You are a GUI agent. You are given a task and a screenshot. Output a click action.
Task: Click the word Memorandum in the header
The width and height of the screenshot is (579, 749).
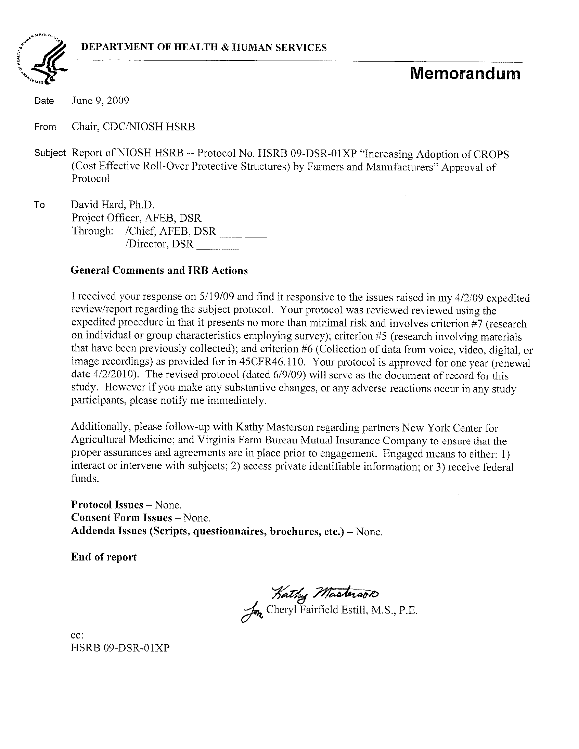(465, 73)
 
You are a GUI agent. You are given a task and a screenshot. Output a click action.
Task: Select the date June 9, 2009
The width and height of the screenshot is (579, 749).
(100, 101)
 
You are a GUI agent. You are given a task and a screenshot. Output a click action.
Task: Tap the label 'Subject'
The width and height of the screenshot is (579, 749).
(50, 153)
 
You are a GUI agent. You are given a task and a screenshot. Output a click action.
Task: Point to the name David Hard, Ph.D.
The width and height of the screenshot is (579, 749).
(113, 205)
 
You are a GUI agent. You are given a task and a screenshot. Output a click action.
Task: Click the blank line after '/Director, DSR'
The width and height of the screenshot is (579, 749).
(221, 245)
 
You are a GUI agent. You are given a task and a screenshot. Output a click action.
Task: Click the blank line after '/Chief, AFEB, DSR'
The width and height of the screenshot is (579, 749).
(243, 232)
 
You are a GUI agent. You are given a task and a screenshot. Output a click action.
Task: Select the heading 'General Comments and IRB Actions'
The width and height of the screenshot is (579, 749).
(159, 271)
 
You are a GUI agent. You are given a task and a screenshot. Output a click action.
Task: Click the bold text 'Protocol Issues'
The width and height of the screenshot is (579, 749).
(107, 505)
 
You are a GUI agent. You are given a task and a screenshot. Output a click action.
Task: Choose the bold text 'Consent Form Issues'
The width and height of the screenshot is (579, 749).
(121, 517)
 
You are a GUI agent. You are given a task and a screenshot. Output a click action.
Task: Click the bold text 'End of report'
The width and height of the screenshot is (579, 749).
(104, 557)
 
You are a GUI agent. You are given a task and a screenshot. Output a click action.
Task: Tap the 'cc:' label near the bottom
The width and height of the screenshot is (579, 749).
(77, 635)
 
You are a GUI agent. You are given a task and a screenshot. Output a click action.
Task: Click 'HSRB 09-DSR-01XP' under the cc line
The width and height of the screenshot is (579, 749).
(120, 648)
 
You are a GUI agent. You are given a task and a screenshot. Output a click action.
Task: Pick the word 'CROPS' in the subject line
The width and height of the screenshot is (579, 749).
(491, 154)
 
